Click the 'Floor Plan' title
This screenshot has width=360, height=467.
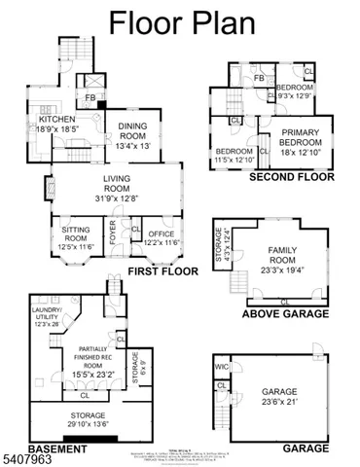click(180, 24)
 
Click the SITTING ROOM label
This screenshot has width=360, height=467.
click(76, 233)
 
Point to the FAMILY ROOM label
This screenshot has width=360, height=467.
click(282, 255)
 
